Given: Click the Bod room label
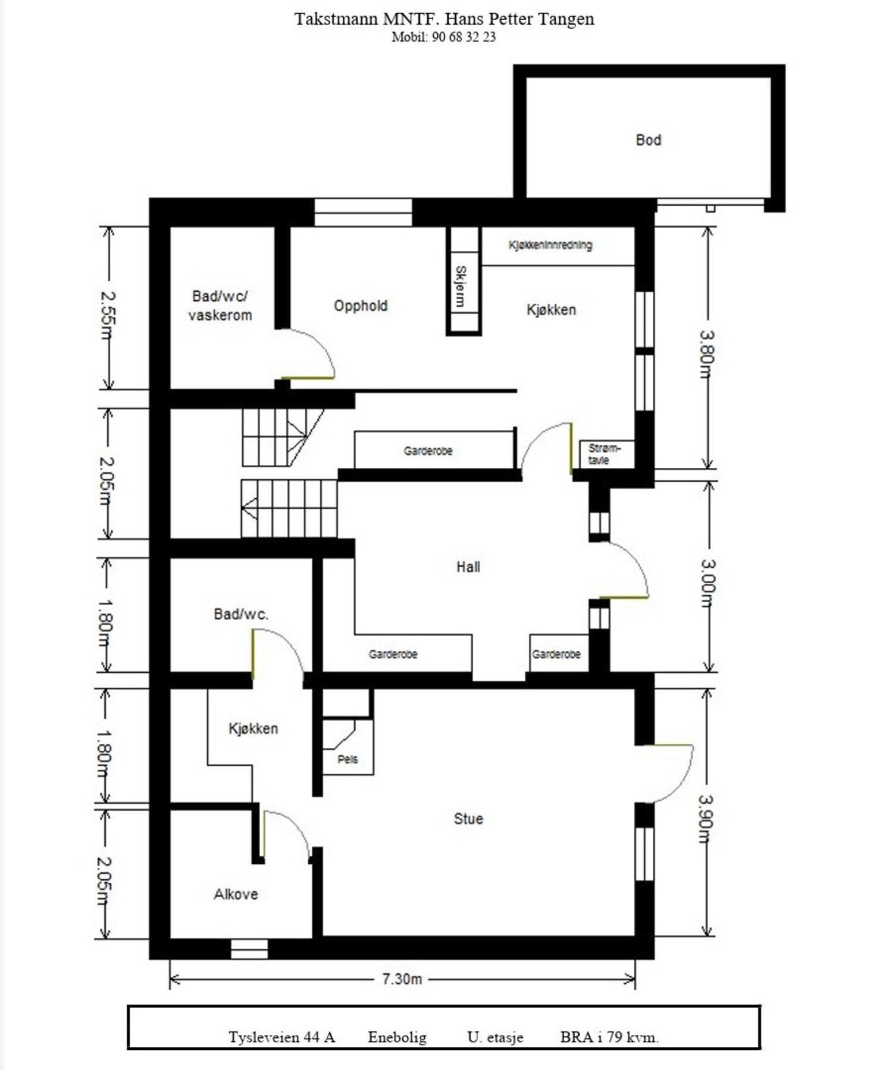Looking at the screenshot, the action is click(x=648, y=140).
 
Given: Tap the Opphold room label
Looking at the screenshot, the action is click(x=360, y=306).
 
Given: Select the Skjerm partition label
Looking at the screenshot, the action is click(x=460, y=287).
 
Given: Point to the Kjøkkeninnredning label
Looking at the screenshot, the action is click(x=550, y=245).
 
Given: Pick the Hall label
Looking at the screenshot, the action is click(x=468, y=567).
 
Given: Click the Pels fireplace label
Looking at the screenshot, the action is click(x=347, y=759).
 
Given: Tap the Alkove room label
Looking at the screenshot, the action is click(x=236, y=894).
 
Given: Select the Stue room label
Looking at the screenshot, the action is click(x=468, y=819).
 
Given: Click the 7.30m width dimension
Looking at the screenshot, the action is click(x=402, y=978).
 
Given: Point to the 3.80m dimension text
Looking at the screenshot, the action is click(x=706, y=354).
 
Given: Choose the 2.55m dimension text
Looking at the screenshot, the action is click(x=107, y=315).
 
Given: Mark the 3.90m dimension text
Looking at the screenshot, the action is click(x=706, y=819).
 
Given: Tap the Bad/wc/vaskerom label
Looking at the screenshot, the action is click(x=220, y=306).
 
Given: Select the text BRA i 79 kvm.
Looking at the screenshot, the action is click(x=609, y=1037).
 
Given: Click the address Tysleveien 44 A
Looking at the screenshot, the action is click(x=281, y=1037).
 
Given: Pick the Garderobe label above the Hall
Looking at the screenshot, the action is click(x=428, y=451).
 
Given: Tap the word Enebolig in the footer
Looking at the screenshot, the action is click(x=397, y=1037).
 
